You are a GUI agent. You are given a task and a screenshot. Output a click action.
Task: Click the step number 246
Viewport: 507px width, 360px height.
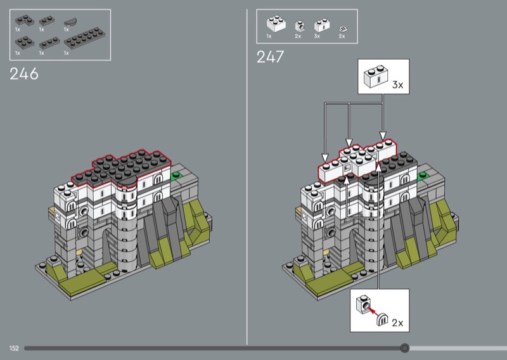(x=24, y=74)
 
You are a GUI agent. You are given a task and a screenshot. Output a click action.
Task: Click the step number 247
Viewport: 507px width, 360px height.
(x=271, y=57)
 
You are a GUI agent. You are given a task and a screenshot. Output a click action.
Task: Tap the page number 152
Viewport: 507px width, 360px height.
(x=14, y=349)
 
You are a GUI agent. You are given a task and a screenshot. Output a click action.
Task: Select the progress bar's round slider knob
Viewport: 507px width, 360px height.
(x=404, y=348)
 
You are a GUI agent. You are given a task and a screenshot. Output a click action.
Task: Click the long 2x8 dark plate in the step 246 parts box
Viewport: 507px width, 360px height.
(x=85, y=38)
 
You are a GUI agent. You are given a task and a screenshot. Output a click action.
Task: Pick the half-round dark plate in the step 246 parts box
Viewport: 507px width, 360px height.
(x=70, y=22)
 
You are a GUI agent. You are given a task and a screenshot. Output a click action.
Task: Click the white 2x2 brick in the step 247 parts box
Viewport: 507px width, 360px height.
(x=276, y=23)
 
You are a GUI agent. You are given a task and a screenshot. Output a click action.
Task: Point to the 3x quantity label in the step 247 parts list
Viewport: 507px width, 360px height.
(x=317, y=36)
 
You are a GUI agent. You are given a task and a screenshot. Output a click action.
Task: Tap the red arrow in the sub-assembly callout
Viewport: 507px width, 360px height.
(x=373, y=311)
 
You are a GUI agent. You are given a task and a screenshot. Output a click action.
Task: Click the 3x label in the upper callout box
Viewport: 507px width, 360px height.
(x=398, y=85)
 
